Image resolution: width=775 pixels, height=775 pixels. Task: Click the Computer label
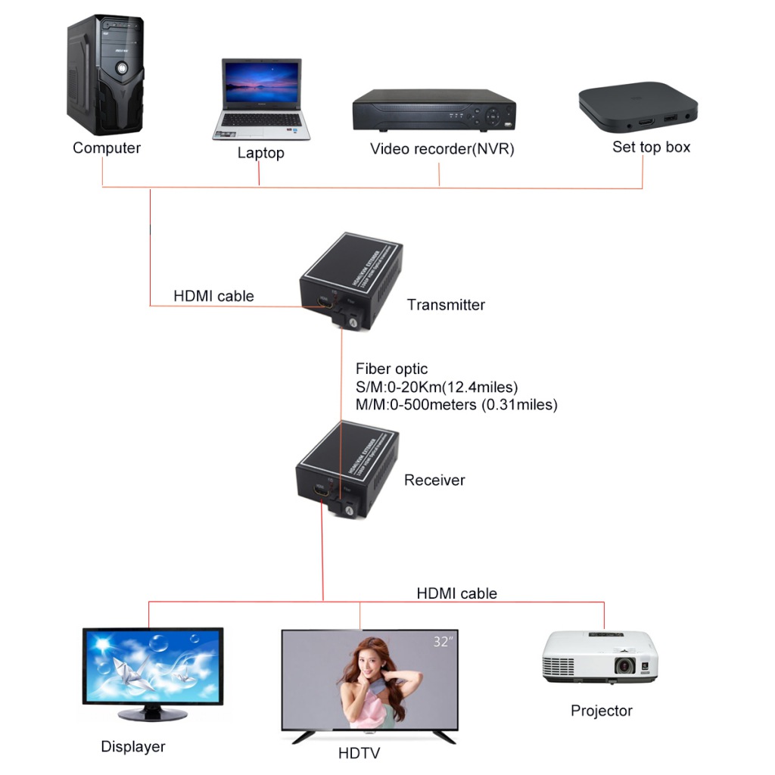[107, 148]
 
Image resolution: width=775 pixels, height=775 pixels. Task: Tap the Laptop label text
[260, 153]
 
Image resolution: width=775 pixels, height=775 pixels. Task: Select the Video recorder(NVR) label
[442, 148]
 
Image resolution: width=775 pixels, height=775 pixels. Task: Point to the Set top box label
[651, 147]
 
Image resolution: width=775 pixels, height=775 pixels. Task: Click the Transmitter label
[446, 305]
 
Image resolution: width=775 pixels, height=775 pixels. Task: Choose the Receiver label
[434, 480]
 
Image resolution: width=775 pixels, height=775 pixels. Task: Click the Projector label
[602, 711]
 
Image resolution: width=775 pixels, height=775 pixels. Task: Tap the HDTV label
[359, 753]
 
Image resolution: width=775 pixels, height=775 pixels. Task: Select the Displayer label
[133, 747]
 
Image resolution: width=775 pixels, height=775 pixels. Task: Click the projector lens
[624, 666]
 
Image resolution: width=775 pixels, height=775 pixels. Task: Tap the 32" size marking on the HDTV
[444, 643]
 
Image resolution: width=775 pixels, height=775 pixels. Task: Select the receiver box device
[345, 474]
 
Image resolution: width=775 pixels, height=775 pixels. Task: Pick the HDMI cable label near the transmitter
[213, 296]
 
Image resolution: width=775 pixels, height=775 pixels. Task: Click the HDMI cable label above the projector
[456, 593]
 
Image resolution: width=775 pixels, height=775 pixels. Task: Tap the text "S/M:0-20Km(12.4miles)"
[437, 387]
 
